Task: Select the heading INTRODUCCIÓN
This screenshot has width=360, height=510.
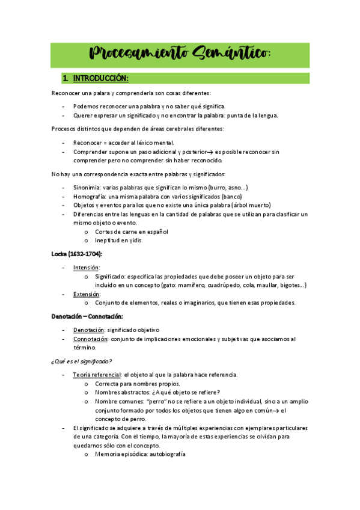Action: click(101, 79)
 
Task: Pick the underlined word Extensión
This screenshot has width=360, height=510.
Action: click(87, 294)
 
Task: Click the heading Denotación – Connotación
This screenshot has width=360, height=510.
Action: click(87, 316)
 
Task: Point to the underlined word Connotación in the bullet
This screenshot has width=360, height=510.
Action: click(91, 339)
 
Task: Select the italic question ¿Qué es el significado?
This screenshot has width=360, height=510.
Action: click(82, 361)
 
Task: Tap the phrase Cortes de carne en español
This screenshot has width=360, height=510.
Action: click(132, 232)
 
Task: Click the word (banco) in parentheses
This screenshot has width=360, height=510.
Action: click(231, 196)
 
